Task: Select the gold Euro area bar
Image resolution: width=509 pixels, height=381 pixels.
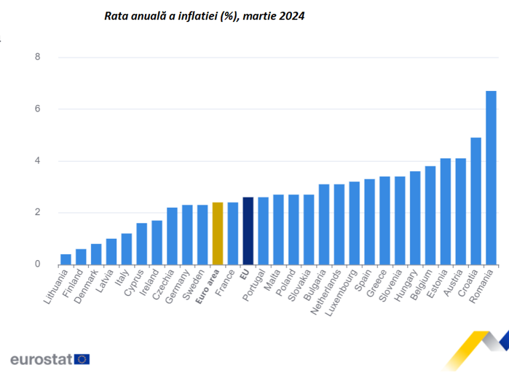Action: point(217,233)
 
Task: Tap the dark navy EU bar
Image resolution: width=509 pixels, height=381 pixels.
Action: point(248,230)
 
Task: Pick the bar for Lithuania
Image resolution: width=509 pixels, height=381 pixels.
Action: point(66,259)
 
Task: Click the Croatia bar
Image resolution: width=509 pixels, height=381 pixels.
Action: point(476,201)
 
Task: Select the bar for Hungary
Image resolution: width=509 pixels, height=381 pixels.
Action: point(415,218)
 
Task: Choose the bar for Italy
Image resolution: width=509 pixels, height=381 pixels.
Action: point(126,249)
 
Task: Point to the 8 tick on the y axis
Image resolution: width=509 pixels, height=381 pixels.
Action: point(38,57)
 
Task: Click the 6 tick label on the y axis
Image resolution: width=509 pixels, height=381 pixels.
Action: point(38,109)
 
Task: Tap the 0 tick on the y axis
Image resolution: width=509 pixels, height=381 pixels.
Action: point(38,264)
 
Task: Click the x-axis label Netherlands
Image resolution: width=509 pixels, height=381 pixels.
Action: point(328,292)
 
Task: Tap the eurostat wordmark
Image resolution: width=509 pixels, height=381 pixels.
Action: point(41,358)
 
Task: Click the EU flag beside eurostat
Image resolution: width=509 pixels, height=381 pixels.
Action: point(82,358)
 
